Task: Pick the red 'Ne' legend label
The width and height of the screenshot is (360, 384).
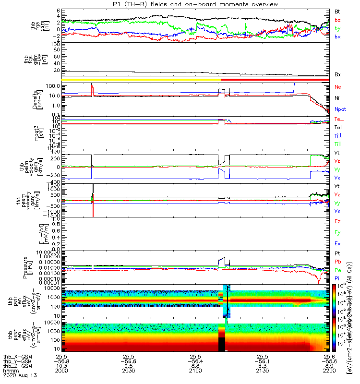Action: (x=337, y=87)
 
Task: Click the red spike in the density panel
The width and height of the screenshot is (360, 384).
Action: (x=92, y=89)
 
